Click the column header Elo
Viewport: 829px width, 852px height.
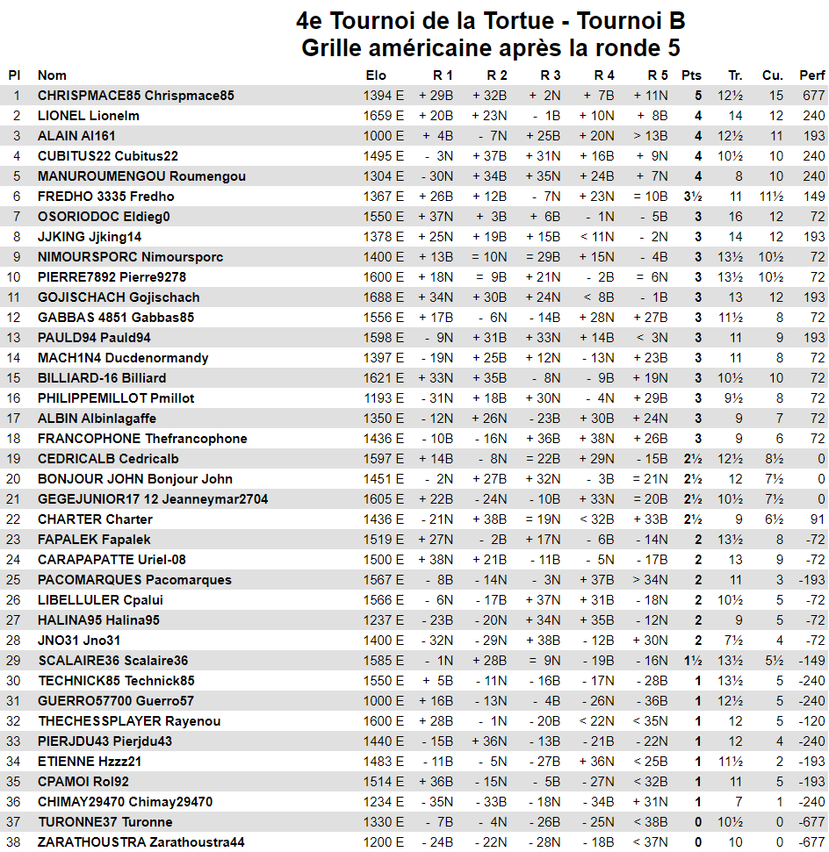(x=376, y=75)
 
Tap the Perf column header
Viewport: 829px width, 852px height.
(x=811, y=75)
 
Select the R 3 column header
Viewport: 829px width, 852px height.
(x=550, y=75)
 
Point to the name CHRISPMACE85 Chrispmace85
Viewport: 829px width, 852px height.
(x=136, y=96)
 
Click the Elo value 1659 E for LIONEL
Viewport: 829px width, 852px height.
(x=384, y=116)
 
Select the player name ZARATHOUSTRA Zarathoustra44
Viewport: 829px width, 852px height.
(x=141, y=842)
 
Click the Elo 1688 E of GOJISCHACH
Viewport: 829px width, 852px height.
(x=384, y=297)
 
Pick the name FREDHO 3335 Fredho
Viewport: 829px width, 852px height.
(x=106, y=197)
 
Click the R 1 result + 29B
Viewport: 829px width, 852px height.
(x=436, y=96)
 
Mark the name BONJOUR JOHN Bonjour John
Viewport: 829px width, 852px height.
(x=135, y=479)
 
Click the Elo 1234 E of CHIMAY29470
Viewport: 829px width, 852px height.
(x=384, y=802)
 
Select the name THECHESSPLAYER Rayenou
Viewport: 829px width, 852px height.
(x=129, y=721)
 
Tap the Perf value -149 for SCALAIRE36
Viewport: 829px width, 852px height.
(x=812, y=661)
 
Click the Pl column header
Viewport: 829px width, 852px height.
(x=15, y=75)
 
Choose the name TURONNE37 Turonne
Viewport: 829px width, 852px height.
(x=105, y=822)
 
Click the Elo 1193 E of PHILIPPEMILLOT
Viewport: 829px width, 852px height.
(x=384, y=398)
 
